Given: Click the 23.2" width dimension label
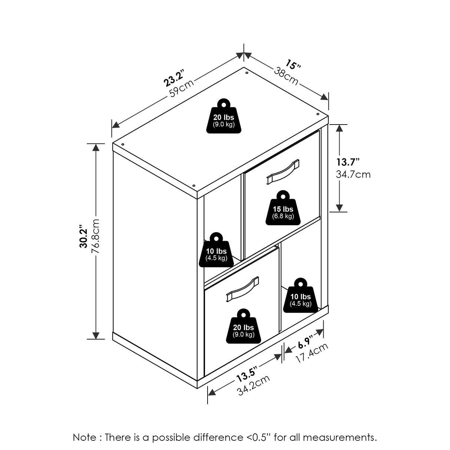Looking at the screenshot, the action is (x=175, y=78).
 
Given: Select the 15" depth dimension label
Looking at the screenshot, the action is (x=293, y=64).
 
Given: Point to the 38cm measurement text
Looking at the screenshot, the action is (x=286, y=76).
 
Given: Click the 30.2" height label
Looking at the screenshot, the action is (x=83, y=236).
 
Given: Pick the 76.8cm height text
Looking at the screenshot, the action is (x=96, y=236).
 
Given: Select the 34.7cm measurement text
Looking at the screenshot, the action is (x=353, y=175).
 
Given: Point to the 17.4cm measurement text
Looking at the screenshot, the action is (x=312, y=356).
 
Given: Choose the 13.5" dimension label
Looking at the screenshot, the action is (x=246, y=377).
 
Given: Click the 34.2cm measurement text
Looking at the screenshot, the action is (x=254, y=388).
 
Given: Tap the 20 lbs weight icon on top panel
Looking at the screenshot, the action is (x=224, y=116).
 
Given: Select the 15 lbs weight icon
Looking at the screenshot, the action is (x=283, y=208).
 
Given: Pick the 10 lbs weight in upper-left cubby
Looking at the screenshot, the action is (x=216, y=250).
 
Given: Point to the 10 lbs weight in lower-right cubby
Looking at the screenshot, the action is (x=301, y=295).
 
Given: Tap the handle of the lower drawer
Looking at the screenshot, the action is (x=243, y=289).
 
